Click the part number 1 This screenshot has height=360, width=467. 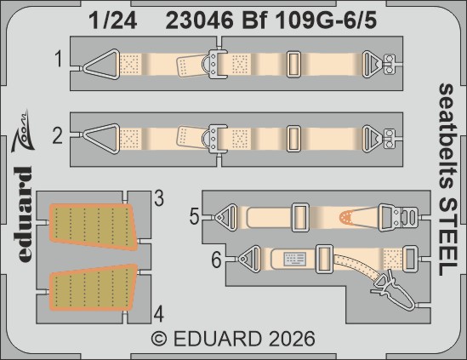(x=59, y=60)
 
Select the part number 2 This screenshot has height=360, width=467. (x=59, y=134)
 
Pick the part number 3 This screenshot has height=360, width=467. (x=158, y=200)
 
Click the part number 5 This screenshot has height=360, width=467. (x=195, y=218)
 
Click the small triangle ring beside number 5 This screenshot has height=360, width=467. (x=225, y=217)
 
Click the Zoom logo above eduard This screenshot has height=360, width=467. (x=23, y=128)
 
